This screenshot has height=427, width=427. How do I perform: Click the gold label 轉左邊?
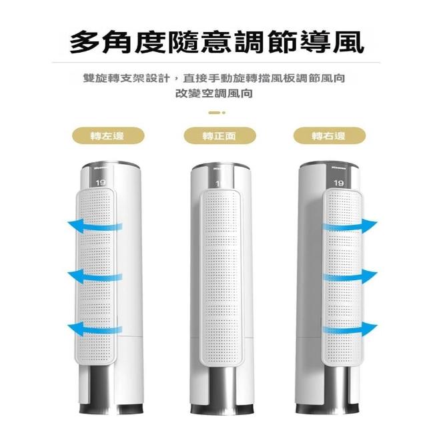(108, 135)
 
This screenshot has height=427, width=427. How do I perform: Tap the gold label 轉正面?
(220, 135)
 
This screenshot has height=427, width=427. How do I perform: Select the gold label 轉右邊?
(329, 135)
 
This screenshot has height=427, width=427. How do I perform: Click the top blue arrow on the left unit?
(94, 226)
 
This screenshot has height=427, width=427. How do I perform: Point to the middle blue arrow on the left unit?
(94, 276)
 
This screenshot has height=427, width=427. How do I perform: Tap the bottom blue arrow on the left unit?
(94, 329)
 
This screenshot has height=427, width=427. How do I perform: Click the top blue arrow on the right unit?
(350, 226)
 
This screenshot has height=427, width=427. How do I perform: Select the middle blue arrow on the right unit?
(350, 276)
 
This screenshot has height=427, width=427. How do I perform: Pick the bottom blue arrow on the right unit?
(350, 329)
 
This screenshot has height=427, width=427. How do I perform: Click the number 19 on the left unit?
(101, 182)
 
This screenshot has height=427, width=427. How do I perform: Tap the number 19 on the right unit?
(338, 183)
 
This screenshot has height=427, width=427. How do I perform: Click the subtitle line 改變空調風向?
(214, 93)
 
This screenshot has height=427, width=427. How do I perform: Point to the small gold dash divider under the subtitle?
(217, 113)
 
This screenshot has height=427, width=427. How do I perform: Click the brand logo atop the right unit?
(339, 168)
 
